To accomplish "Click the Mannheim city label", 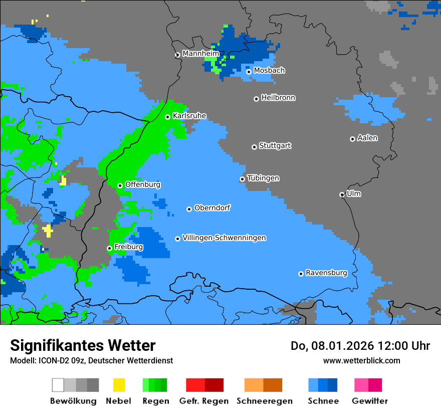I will coord(201,54).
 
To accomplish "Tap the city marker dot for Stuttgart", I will coord(254,147).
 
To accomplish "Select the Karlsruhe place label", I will coord(189,116).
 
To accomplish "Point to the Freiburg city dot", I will coord(109,248).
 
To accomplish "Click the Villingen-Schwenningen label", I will coord(224,238).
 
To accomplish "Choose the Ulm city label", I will coord(354,193).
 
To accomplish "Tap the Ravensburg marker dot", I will coord(301,274).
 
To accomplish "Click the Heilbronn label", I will coord(278,98).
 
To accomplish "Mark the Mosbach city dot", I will coord(249,72).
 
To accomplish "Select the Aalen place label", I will coord(367,138).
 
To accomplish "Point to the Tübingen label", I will coord(263,178).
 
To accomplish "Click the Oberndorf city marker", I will coord(189,209).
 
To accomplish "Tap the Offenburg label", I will coord(143,184).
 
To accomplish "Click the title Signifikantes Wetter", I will coord(83,345).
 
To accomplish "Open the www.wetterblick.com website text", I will coord(361,360).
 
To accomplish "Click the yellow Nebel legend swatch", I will coord(119,385).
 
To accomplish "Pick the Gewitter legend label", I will coord(370,401).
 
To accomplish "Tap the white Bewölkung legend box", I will coord(58,385).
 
